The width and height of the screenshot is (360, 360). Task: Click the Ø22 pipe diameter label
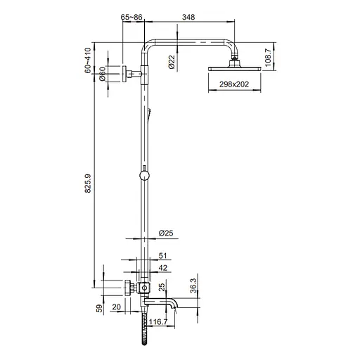(x=172, y=63)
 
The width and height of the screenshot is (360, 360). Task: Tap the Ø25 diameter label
(x=166, y=233)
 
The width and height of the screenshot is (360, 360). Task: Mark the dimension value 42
(x=163, y=268)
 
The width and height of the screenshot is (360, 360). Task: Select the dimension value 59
(x=99, y=308)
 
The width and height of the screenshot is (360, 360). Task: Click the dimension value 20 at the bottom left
(x=116, y=307)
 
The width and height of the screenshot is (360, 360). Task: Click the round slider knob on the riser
(x=144, y=176)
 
